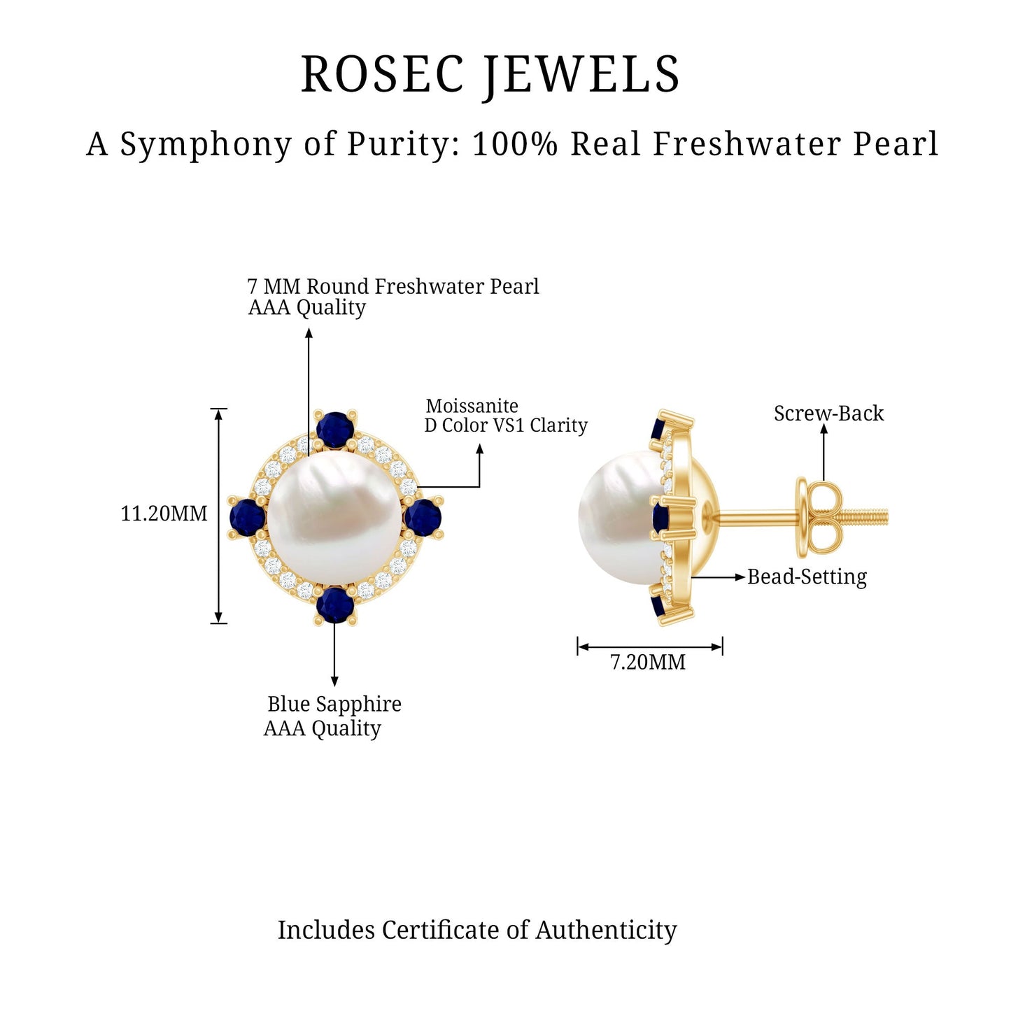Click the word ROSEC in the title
coord(382,74)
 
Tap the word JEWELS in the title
coord(581,76)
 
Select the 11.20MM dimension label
coord(164,514)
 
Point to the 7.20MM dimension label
coord(647,662)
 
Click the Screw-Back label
coord(828,413)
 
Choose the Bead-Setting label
coord(807,577)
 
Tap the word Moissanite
coord(472,406)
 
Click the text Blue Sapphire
coord(334,704)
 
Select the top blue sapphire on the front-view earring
coord(335,430)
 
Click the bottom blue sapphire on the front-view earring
coord(335,605)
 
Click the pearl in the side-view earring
coord(619,517)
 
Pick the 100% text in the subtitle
coord(515,143)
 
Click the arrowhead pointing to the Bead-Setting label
coord(740,578)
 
